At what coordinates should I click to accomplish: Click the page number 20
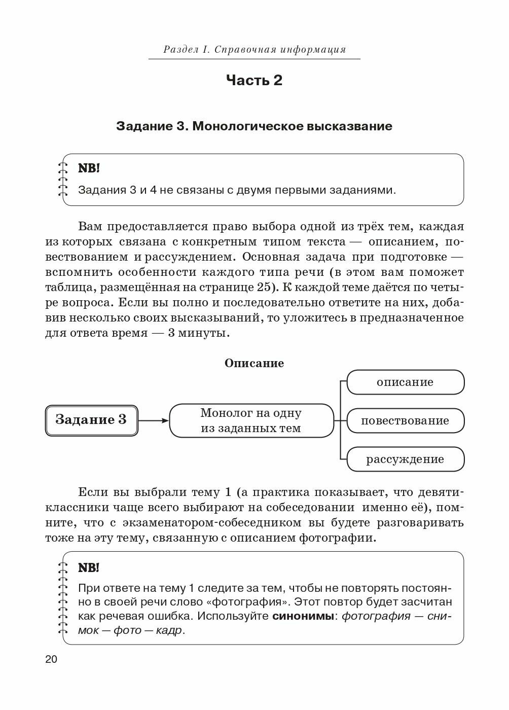pyautogui.click(x=51, y=659)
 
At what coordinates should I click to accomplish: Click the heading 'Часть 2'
pyautogui.click(x=254, y=80)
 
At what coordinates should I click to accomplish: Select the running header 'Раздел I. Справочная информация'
pyautogui.click(x=254, y=49)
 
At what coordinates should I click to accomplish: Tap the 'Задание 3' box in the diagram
pyautogui.click(x=91, y=420)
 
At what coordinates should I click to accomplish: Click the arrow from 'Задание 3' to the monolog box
pyautogui.click(x=153, y=420)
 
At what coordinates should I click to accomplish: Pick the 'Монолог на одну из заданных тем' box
pyautogui.click(x=251, y=420)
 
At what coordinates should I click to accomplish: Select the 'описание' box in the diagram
pyautogui.click(x=405, y=382)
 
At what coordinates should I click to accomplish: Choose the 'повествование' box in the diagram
pyautogui.click(x=405, y=420)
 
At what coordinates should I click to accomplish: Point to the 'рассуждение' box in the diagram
pyautogui.click(x=405, y=459)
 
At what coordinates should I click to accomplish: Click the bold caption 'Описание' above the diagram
pyautogui.click(x=254, y=363)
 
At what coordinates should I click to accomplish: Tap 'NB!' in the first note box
pyautogui.click(x=89, y=168)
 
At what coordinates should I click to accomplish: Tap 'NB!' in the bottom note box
pyautogui.click(x=89, y=567)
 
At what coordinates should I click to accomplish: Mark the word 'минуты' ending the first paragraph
pyautogui.click(x=207, y=333)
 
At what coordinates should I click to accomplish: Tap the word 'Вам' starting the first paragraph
pyautogui.click(x=90, y=226)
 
